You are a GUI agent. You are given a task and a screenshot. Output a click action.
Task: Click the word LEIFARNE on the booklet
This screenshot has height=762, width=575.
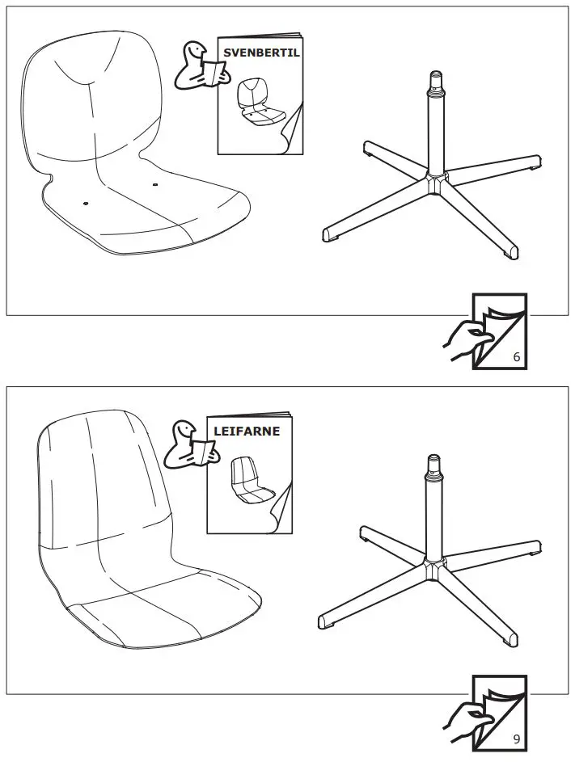[247, 431]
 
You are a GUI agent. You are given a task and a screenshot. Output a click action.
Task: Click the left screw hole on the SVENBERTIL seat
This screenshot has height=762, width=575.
[84, 202]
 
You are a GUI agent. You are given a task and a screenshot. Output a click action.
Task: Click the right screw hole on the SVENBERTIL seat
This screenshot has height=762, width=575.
[155, 185]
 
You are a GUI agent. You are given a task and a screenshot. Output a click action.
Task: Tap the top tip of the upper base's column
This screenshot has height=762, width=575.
[438, 77]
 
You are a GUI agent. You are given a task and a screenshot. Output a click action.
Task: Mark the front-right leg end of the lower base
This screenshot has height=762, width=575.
[509, 638]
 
